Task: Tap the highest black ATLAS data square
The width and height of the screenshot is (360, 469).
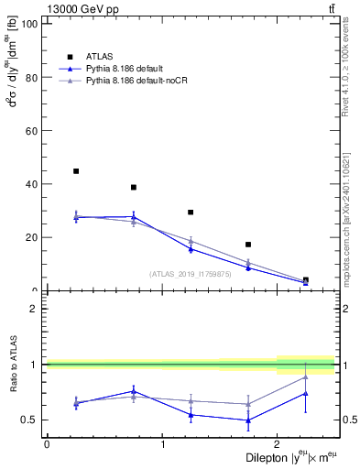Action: (76, 171)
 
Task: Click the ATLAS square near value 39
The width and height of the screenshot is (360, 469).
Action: (134, 187)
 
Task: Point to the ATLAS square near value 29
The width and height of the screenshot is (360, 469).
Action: (191, 213)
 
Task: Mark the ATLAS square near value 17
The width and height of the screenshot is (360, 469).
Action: (248, 245)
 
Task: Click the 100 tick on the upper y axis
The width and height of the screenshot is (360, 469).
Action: (30, 24)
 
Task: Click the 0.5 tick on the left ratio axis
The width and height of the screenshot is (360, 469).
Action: (31, 420)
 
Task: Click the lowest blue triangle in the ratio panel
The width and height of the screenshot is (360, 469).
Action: (248, 420)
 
